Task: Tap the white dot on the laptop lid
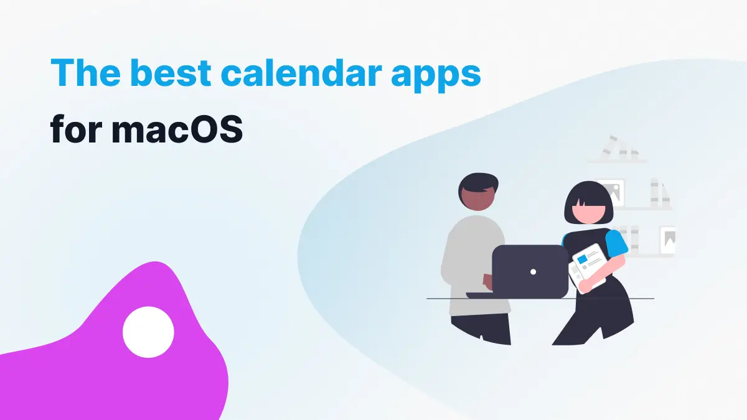tap(533, 272)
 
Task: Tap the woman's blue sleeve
tap(617, 243)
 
